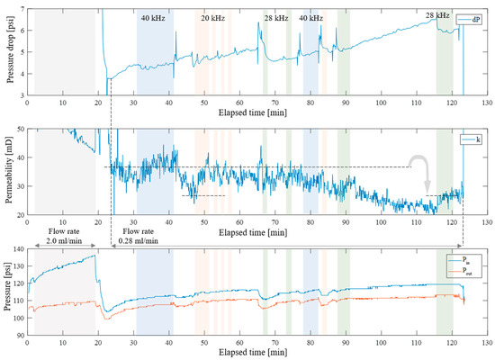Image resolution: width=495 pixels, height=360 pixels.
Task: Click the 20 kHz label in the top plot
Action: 212,18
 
